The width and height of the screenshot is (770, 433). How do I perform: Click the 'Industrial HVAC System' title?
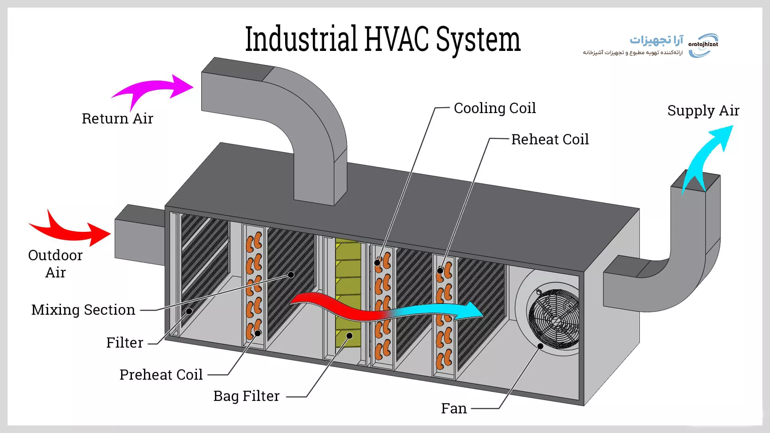click(x=383, y=39)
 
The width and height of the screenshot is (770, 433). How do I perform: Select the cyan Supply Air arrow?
click(x=708, y=156)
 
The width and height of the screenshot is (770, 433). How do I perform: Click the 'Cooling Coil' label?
click(x=494, y=108)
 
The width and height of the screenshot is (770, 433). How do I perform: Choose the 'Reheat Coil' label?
click(x=550, y=140)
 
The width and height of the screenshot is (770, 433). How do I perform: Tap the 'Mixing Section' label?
click(x=83, y=310)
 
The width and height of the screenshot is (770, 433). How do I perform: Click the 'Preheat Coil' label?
click(x=161, y=375)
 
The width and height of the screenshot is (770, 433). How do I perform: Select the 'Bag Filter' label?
click(x=246, y=396)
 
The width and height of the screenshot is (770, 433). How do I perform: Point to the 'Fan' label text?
click(x=454, y=409)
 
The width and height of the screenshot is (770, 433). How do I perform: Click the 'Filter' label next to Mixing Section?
click(x=125, y=343)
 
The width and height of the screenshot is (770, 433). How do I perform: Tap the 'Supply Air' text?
click(x=703, y=111)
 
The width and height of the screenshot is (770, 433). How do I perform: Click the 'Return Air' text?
click(x=118, y=119)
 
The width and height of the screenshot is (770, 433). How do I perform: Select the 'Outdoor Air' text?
click(x=55, y=264)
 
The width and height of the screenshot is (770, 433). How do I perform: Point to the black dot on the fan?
click(x=540, y=346)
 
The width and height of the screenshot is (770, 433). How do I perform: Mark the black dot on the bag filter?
click(x=349, y=336)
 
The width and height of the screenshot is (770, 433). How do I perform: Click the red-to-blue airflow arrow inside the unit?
click(x=385, y=311)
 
